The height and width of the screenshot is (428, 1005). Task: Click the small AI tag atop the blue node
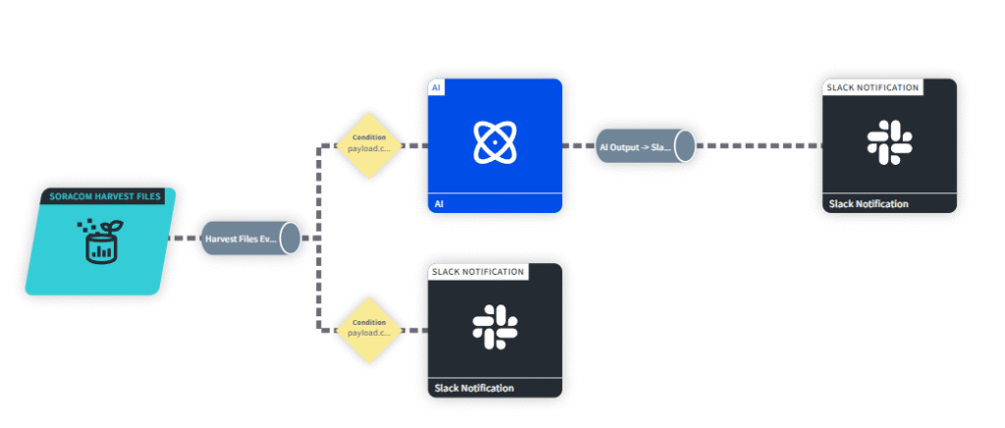pyautogui.click(x=436, y=87)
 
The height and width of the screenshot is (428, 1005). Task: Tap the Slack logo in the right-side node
pyautogui.click(x=889, y=140)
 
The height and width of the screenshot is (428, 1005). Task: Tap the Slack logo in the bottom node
pyautogui.click(x=495, y=326)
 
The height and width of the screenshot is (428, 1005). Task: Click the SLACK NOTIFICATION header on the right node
pyautogui.click(x=873, y=87)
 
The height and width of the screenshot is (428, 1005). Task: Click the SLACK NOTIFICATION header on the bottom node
pyautogui.click(x=478, y=271)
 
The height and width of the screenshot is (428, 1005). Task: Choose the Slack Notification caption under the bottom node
pyautogui.click(x=474, y=388)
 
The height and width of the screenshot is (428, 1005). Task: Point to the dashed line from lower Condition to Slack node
pyautogui.click(x=414, y=330)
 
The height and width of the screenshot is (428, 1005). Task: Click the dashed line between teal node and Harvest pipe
pyautogui.click(x=185, y=239)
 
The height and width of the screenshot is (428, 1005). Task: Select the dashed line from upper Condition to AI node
pyautogui.click(x=414, y=145)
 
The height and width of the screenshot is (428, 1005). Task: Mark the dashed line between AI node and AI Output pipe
pyautogui.click(x=579, y=145)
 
